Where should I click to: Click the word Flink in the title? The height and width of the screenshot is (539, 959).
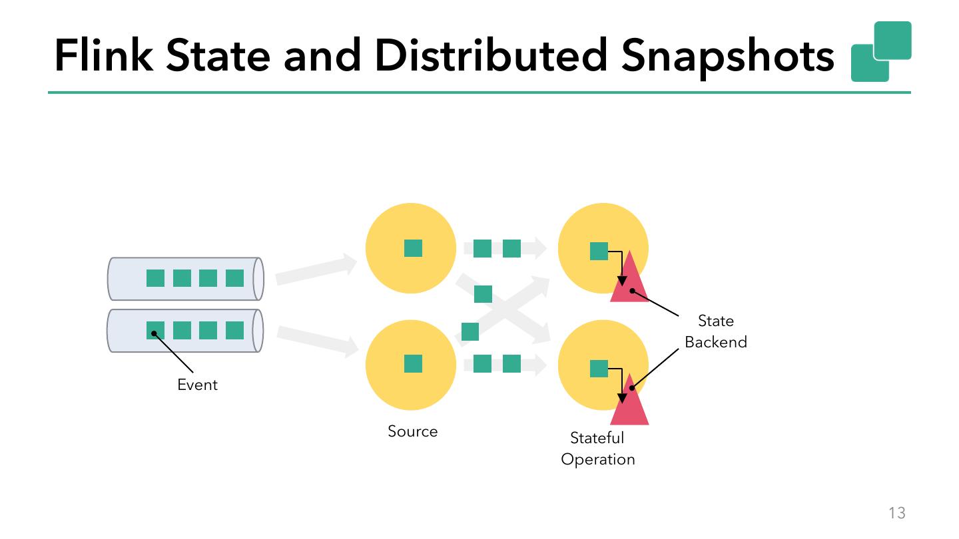104,55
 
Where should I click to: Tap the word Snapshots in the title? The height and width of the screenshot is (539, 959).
727,58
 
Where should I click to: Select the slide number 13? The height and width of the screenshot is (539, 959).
897,512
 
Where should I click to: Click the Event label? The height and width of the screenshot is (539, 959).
197,385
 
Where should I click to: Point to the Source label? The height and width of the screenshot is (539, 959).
413,431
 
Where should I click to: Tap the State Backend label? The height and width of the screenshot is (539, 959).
716,331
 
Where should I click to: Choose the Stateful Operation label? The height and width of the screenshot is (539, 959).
597,449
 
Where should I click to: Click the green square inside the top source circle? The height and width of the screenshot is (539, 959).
413,248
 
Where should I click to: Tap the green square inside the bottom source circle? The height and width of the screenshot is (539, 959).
413,363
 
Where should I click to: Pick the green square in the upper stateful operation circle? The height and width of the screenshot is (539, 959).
599,251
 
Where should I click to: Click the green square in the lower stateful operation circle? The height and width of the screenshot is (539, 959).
599,369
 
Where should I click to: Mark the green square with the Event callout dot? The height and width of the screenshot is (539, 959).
155,330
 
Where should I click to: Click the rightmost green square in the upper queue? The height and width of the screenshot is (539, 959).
234,278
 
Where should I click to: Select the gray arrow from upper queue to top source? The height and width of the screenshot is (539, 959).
316,269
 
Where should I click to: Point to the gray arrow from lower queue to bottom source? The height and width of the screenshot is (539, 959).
318,341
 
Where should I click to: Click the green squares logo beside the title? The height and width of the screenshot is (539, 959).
881,51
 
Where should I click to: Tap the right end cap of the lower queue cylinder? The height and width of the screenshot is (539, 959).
258,331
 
